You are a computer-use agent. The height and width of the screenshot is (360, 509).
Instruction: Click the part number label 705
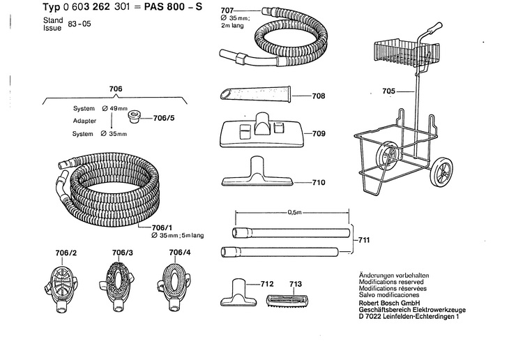389,91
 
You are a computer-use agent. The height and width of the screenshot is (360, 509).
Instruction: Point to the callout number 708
321,96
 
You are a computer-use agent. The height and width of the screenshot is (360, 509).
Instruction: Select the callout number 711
364,240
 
